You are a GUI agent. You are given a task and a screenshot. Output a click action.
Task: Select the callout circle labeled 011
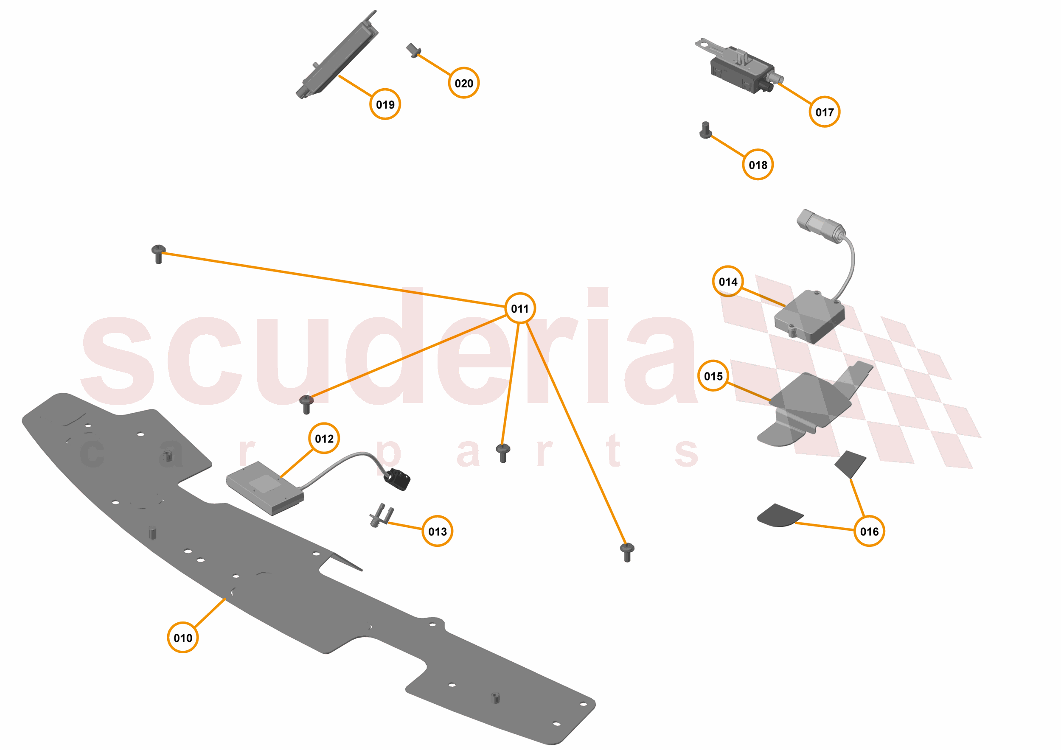click(x=520, y=308)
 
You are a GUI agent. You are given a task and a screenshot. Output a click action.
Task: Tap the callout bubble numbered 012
click(x=324, y=438)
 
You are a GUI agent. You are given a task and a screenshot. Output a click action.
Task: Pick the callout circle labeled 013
click(x=437, y=531)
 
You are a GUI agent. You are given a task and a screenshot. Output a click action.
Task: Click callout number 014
click(x=728, y=281)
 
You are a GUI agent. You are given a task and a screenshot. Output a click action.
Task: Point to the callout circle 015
click(x=713, y=376)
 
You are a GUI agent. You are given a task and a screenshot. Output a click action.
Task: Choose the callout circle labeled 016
click(x=869, y=531)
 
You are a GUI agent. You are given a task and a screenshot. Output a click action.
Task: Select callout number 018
click(x=758, y=165)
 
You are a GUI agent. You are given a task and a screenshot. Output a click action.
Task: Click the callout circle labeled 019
click(x=385, y=104)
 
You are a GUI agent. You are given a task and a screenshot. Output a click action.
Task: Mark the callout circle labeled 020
click(x=463, y=83)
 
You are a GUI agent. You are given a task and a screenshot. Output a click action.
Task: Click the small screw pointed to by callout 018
click(x=705, y=130)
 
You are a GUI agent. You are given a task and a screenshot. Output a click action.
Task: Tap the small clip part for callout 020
click(x=413, y=50)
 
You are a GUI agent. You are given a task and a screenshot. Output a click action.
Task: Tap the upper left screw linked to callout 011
click(x=158, y=254)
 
